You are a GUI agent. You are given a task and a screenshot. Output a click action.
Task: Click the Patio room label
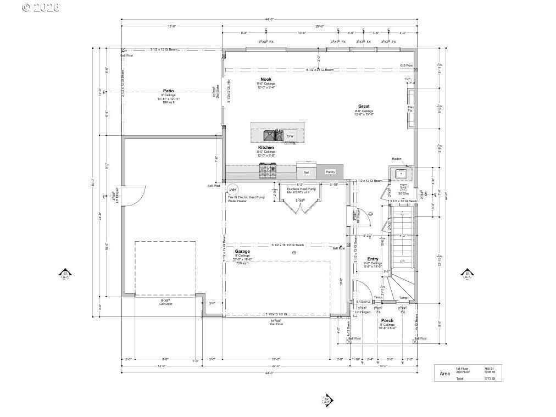coord(168,91)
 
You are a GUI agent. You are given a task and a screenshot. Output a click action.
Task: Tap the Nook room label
coord(266,79)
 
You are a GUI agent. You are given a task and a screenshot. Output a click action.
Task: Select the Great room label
coord(364,106)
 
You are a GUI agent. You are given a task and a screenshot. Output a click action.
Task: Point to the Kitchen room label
coord(266,147)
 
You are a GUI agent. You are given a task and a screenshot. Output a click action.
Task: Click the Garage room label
coord(242,251)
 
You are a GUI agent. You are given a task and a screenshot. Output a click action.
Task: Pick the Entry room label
coord(372,259)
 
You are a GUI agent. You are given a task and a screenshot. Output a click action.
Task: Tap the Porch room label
coord(387,320)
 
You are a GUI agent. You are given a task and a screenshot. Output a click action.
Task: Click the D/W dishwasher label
coord(290,136)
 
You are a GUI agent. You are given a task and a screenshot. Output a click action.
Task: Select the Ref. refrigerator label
coord(307,173)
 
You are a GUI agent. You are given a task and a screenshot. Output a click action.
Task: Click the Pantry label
coord(330,172)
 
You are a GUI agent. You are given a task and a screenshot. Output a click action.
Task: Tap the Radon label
coord(397,159)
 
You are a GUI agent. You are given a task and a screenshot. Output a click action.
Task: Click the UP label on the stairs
coord(403,262)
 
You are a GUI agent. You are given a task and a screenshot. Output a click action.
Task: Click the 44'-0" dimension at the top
coord(269,20)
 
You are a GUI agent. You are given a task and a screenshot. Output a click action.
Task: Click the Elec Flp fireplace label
coord(410,109)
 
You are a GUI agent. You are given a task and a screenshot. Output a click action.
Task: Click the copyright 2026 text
coord(41,7)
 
